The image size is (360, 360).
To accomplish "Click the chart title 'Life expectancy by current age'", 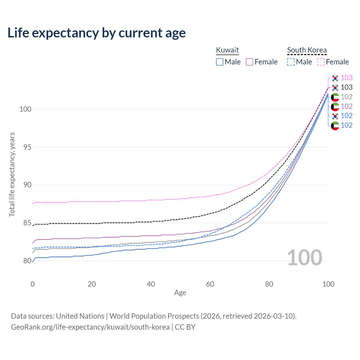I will pyautogui.click(x=96, y=33).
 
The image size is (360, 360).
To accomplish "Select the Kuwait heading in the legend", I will pyautogui.click(x=227, y=50).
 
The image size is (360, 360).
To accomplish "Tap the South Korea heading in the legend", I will pyautogui.click(x=307, y=50).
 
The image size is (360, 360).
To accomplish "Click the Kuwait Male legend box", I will pyautogui.click(x=220, y=62).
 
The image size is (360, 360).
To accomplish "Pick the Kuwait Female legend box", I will pyautogui.click(x=249, y=62).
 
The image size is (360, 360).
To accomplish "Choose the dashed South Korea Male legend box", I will pyautogui.click(x=291, y=62).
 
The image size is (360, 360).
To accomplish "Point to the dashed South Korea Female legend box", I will pyautogui.click(x=321, y=62).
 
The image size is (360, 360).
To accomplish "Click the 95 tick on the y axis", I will pyautogui.click(x=25, y=147).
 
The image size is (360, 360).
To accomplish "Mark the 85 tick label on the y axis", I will pyautogui.click(x=25, y=223).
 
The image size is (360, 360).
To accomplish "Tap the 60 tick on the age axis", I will pyautogui.click(x=210, y=284).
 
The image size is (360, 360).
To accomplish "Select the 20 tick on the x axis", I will pyautogui.click(x=92, y=284).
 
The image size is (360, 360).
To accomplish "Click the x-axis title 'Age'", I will pyautogui.click(x=180, y=293).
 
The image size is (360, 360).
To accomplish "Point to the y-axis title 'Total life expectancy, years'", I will pyautogui.click(x=12, y=175).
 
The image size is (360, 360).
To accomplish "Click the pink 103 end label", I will pyautogui.click(x=346, y=78).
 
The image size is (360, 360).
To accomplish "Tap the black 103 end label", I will pyautogui.click(x=346, y=87).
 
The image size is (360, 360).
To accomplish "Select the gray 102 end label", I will pyautogui.click(x=346, y=97).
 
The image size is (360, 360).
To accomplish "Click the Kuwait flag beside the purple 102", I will pyautogui.click(x=335, y=107).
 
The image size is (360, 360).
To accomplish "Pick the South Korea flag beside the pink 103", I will pyautogui.click(x=335, y=78).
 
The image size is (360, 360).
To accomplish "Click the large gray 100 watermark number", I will pyautogui.click(x=305, y=258).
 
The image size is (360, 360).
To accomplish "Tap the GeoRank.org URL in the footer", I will pyautogui.click(x=90, y=327).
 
